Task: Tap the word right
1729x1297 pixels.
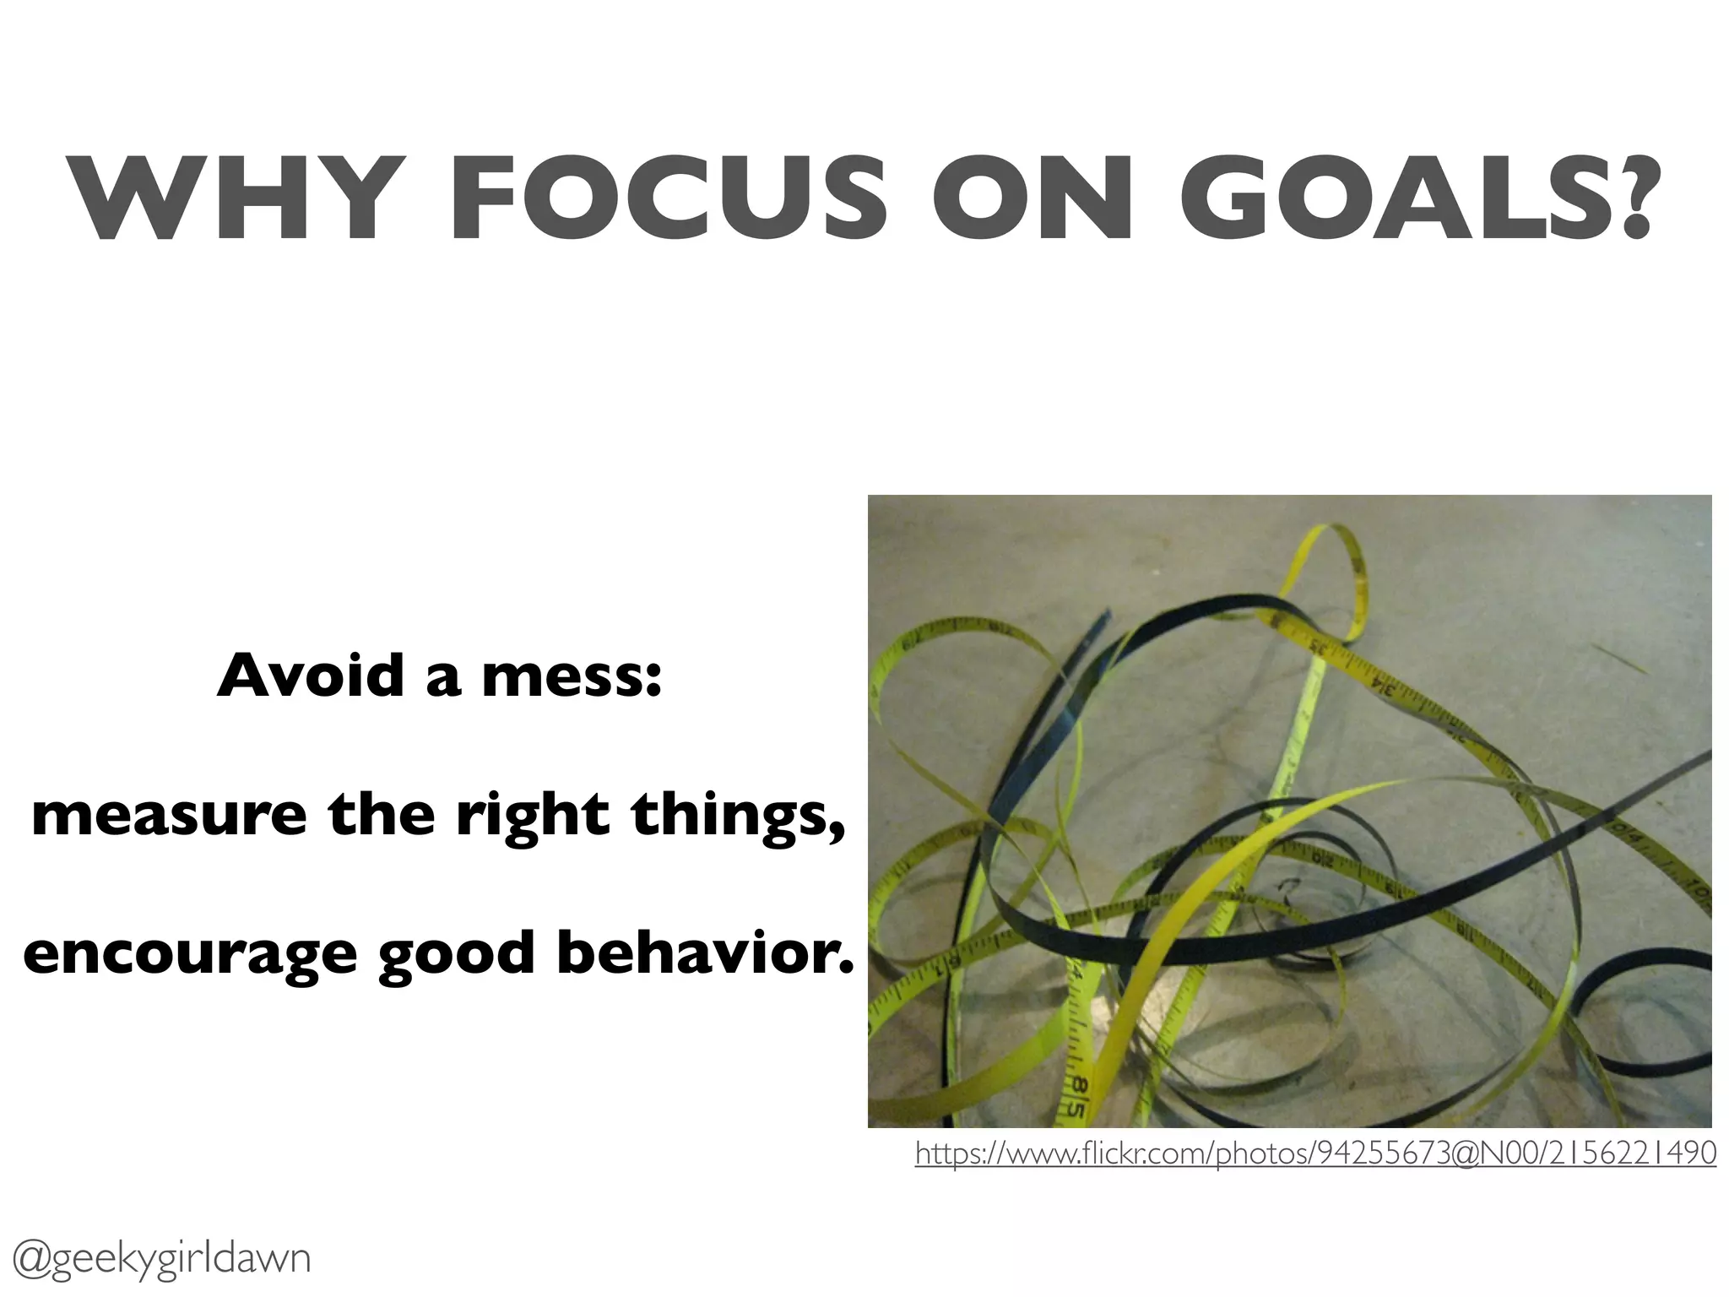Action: tap(533, 817)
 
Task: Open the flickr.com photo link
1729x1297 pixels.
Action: tap(1315, 1153)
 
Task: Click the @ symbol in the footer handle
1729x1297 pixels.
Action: tap(34, 1259)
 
